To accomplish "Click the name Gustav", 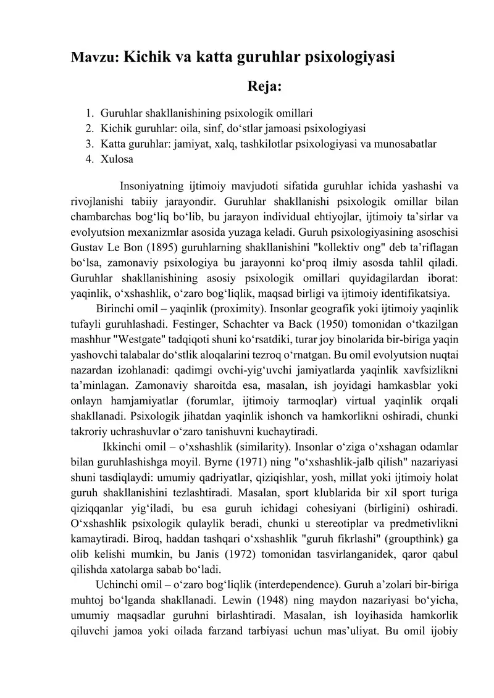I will (x=87, y=249).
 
